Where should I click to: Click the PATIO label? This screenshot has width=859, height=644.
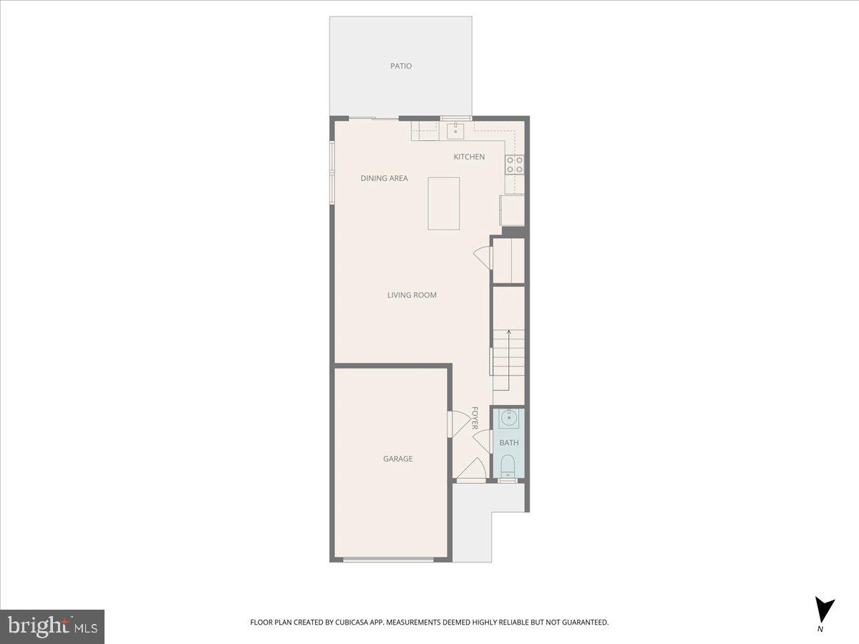point(401,66)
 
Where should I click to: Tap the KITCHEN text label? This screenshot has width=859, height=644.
point(469,157)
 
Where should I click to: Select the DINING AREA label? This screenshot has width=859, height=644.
point(384,178)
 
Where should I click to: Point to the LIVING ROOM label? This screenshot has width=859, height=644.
point(412,295)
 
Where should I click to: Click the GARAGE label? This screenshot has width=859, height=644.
point(397,459)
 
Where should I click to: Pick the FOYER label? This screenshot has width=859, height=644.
point(475,418)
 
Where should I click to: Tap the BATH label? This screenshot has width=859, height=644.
point(509,443)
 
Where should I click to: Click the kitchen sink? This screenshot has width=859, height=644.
point(455,131)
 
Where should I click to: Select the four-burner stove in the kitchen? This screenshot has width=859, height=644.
point(515,165)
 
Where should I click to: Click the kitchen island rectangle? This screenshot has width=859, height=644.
point(444,204)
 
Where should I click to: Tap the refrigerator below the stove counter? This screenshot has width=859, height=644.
point(513,210)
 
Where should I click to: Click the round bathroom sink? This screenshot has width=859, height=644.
point(509,418)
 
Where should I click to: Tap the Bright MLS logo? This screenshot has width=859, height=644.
point(53,626)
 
